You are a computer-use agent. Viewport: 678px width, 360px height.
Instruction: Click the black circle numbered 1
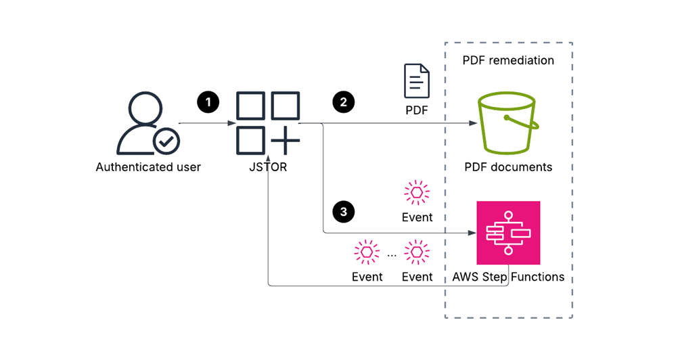click(x=208, y=102)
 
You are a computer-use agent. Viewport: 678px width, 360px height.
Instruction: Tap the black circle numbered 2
click(x=343, y=102)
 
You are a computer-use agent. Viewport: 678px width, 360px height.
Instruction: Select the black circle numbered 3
click(x=343, y=212)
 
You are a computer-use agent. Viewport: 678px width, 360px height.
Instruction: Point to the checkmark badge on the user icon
click(x=166, y=141)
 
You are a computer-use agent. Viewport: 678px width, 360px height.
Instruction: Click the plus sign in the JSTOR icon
click(x=286, y=141)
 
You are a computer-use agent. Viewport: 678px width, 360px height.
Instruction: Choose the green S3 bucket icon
click(x=508, y=122)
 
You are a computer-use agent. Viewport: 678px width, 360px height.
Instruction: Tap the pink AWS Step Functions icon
click(x=508, y=233)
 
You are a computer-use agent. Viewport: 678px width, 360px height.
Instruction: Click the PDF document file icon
click(x=417, y=81)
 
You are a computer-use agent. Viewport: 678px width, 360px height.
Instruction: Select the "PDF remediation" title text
click(x=508, y=60)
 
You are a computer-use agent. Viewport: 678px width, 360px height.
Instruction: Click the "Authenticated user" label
click(x=148, y=167)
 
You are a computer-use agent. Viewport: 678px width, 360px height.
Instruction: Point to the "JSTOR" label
click(x=268, y=167)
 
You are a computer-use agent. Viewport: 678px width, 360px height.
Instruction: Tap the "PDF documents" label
click(x=508, y=167)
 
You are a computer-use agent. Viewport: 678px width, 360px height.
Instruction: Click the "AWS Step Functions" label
click(x=508, y=277)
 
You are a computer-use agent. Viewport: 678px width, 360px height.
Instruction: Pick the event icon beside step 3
click(x=417, y=192)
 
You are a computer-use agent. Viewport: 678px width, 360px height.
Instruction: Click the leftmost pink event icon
click(x=367, y=252)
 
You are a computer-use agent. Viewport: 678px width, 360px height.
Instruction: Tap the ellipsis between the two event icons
click(x=392, y=255)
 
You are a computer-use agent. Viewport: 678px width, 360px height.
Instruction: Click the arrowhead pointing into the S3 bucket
click(x=473, y=123)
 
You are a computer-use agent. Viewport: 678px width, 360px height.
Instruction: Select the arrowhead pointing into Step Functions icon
click(x=472, y=233)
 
